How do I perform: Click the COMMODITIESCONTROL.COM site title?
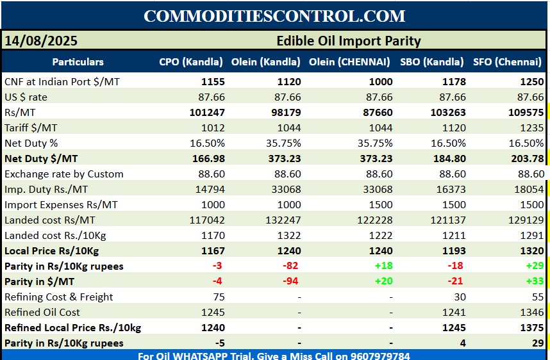274,16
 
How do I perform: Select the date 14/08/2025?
41,41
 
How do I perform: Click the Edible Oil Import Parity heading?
348,41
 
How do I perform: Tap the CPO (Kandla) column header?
191,62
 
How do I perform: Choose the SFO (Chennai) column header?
507,62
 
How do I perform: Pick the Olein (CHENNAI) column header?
349,62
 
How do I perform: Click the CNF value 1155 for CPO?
211,81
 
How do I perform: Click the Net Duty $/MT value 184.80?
449,158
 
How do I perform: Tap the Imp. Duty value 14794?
210,189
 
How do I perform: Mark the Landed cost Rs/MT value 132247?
281,220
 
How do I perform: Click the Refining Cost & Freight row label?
59,297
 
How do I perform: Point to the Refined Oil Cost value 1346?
532,312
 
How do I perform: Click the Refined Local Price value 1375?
532,327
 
